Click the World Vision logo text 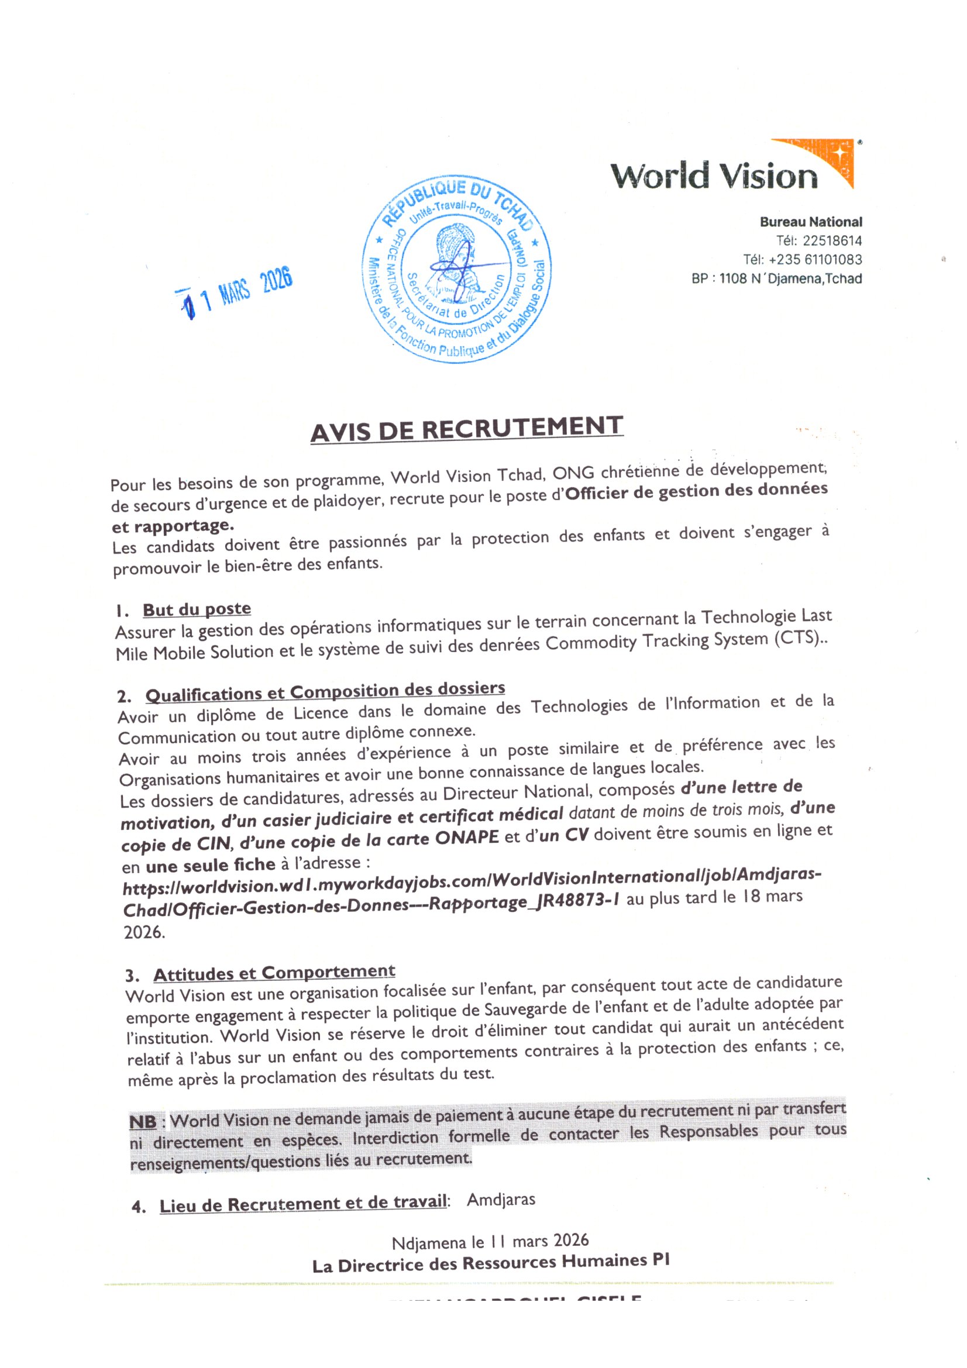[713, 176]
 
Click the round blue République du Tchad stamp [457, 269]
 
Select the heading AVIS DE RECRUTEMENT [466, 428]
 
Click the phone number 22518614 [832, 241]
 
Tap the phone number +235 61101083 [815, 260]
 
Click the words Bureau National [810, 222]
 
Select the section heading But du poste [197, 609]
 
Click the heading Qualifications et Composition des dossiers [325, 691]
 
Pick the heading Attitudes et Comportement [274, 973]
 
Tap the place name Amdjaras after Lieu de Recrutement [501, 1200]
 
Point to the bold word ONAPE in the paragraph [466, 837]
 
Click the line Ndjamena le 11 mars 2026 [490, 1242]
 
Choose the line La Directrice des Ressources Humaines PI [491, 1264]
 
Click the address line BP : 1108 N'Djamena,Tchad [776, 278]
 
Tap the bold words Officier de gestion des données [696, 490]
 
